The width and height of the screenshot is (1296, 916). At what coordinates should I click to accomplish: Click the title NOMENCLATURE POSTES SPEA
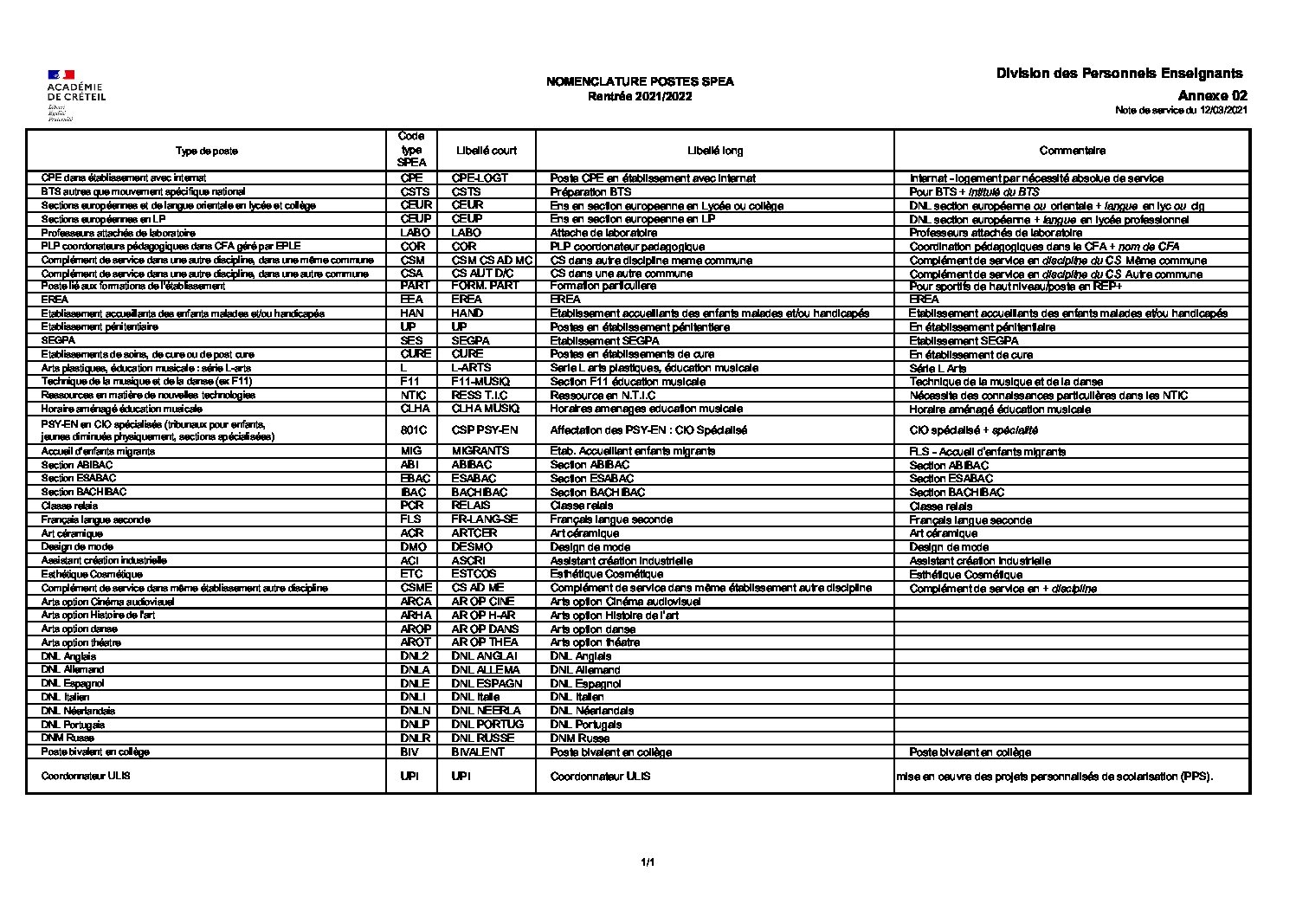pyautogui.click(x=640, y=81)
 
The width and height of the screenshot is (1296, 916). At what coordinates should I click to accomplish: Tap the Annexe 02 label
pyautogui.click(x=1212, y=96)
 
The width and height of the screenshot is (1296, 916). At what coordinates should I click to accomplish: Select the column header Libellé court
pyautogui.click(x=487, y=151)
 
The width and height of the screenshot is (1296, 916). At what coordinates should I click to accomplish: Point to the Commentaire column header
pyautogui.click(x=1072, y=151)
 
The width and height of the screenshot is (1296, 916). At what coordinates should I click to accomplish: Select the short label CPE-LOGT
pyautogui.click(x=480, y=178)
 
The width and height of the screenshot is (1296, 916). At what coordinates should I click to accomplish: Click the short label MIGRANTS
pyautogui.click(x=480, y=451)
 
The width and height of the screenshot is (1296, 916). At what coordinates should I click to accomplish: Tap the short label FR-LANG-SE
pyautogui.click(x=485, y=519)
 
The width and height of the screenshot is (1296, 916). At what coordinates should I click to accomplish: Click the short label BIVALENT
pyautogui.click(x=478, y=752)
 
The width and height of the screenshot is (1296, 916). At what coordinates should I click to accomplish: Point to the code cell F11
pyautogui.click(x=410, y=382)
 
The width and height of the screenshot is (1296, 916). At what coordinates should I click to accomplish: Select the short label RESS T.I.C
pyautogui.click(x=480, y=396)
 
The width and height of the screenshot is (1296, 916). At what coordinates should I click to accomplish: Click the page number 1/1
pyautogui.click(x=648, y=862)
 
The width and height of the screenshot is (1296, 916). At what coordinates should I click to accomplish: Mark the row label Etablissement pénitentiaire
pyautogui.click(x=100, y=327)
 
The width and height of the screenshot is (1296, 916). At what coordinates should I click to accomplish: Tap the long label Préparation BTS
pyautogui.click(x=590, y=192)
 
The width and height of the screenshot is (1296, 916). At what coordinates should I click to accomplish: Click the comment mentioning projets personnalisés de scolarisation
pyautogui.click(x=1054, y=777)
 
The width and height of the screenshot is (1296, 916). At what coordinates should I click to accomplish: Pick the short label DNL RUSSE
pyautogui.click(x=483, y=739)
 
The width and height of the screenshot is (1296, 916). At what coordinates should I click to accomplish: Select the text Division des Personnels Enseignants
pyautogui.click(x=1119, y=74)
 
